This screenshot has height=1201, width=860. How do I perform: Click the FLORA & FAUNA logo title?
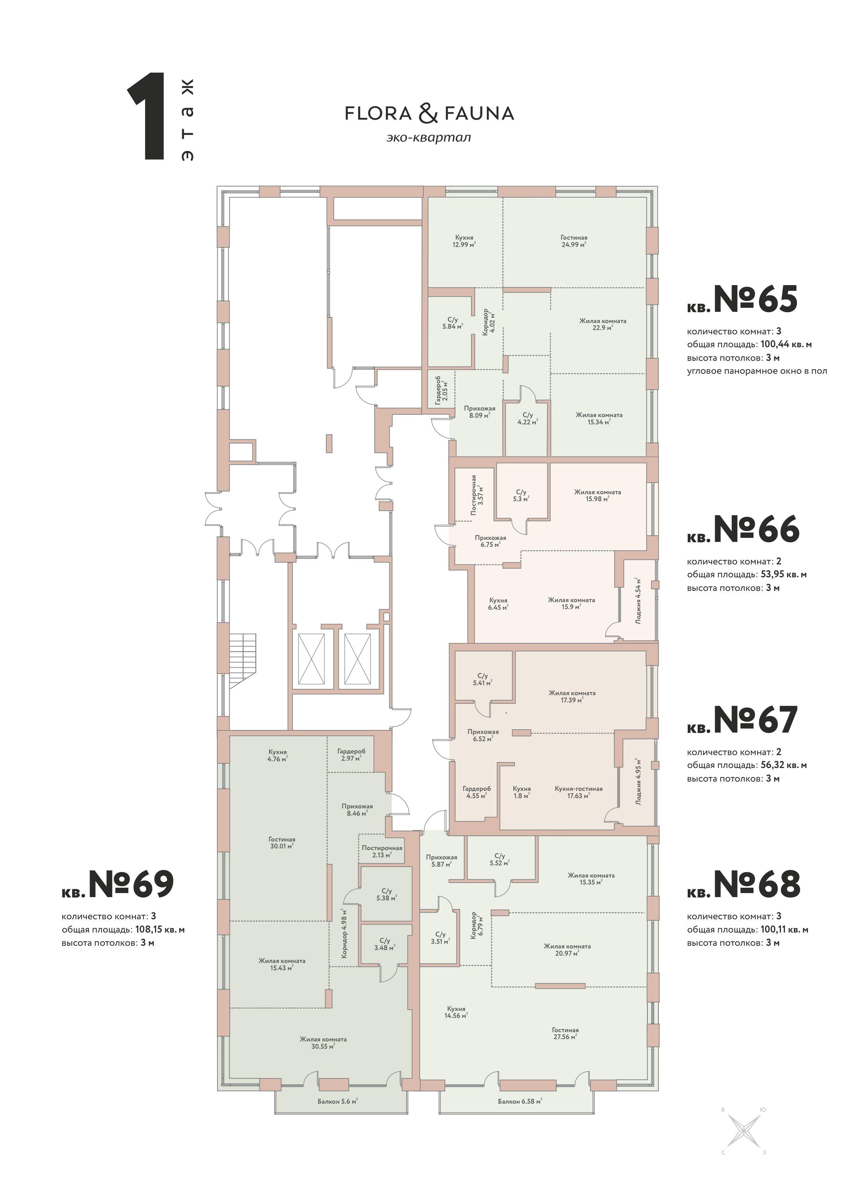pyautogui.click(x=429, y=113)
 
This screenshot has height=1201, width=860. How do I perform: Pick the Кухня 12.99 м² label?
pyautogui.click(x=464, y=241)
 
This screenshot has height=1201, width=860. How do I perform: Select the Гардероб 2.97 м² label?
pyautogui.click(x=351, y=754)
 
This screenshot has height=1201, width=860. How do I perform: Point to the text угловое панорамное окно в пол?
pyautogui.click(x=757, y=371)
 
